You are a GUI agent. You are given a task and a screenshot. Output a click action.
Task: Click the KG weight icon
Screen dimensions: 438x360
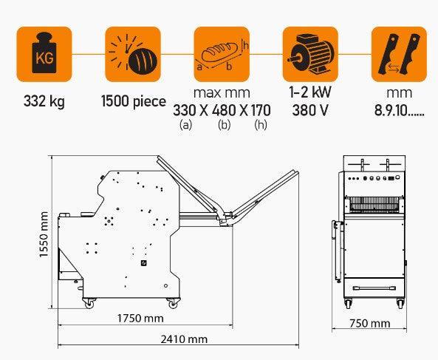pyautogui.click(x=44, y=54)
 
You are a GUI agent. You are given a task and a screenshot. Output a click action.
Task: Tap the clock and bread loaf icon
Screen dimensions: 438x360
pyautogui.click(x=133, y=54)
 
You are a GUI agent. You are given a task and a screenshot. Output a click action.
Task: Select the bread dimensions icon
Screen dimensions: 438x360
pyautogui.click(x=222, y=54)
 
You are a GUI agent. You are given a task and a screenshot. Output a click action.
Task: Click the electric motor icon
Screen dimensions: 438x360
pyautogui.click(x=310, y=54)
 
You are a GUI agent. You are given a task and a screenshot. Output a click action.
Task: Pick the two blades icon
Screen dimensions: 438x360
pyautogui.click(x=399, y=54)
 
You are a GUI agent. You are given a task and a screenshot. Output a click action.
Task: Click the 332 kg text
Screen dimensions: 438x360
pyautogui.click(x=44, y=101)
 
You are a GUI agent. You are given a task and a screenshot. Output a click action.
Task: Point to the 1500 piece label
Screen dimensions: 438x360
pyautogui.click(x=134, y=101)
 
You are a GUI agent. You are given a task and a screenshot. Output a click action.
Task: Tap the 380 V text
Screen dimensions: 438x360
pyautogui.click(x=310, y=110)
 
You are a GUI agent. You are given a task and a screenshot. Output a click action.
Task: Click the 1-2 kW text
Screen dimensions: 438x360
pyautogui.click(x=310, y=92)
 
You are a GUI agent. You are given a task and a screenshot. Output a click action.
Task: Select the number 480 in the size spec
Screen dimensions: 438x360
pyautogui.click(x=224, y=110)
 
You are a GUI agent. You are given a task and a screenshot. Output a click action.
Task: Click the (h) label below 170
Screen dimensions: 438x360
pyautogui.click(x=261, y=125)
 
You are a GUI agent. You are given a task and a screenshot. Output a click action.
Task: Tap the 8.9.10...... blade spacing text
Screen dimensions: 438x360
pyautogui.click(x=399, y=110)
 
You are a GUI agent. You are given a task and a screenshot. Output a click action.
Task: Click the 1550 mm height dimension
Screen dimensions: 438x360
pyautogui.click(x=44, y=234)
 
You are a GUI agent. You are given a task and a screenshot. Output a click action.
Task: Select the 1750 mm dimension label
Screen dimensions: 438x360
pyautogui.click(x=140, y=319)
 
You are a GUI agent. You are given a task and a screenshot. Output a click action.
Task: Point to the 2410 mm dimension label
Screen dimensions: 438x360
pyautogui.click(x=184, y=339)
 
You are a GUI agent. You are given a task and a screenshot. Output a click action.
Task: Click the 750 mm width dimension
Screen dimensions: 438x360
pyautogui.click(x=369, y=323)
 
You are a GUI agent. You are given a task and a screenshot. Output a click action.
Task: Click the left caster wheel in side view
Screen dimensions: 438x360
pyautogui.click(x=89, y=303)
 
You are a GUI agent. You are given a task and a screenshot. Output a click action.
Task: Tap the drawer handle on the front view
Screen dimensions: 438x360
pyautogui.click(x=374, y=288)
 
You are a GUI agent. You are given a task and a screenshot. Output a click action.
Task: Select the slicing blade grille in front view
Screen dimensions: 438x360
pyautogui.click(x=375, y=204)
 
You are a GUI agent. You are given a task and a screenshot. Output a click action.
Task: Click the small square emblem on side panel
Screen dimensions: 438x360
pyautogui.click(x=144, y=263)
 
